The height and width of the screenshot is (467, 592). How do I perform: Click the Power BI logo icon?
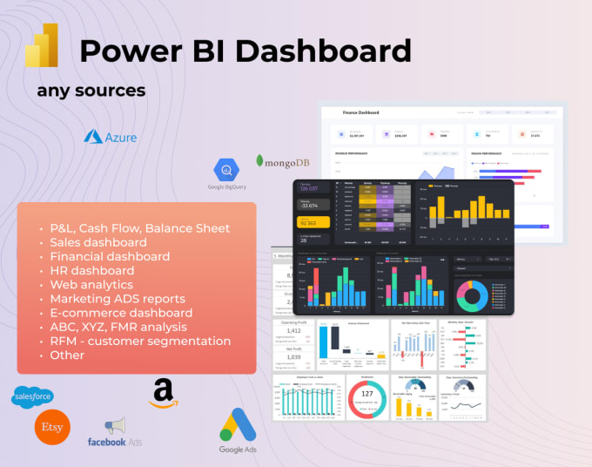click(x=41, y=45)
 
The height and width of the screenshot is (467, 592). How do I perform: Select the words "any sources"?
click(x=91, y=90)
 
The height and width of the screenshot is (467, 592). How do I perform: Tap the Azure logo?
click(x=110, y=137)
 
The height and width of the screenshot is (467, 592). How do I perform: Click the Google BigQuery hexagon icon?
click(x=228, y=171)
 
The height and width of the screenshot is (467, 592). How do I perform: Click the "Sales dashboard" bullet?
click(x=98, y=242)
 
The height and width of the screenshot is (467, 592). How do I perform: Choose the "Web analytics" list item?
click(x=91, y=284)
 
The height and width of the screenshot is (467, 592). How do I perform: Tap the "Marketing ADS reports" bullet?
click(x=118, y=298)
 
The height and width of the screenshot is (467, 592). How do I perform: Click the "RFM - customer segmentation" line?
click(x=139, y=341)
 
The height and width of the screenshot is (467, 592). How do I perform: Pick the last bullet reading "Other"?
click(x=68, y=355)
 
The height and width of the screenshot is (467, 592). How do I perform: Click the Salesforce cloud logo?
click(x=33, y=396)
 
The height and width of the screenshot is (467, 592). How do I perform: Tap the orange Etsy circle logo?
click(x=52, y=428)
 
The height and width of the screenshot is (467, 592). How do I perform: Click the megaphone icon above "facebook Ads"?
click(x=114, y=425)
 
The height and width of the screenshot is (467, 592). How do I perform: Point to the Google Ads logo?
click(x=238, y=428)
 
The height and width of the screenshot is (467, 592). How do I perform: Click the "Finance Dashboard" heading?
click(x=362, y=113)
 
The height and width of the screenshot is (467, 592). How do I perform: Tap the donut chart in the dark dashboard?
click(x=472, y=294)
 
